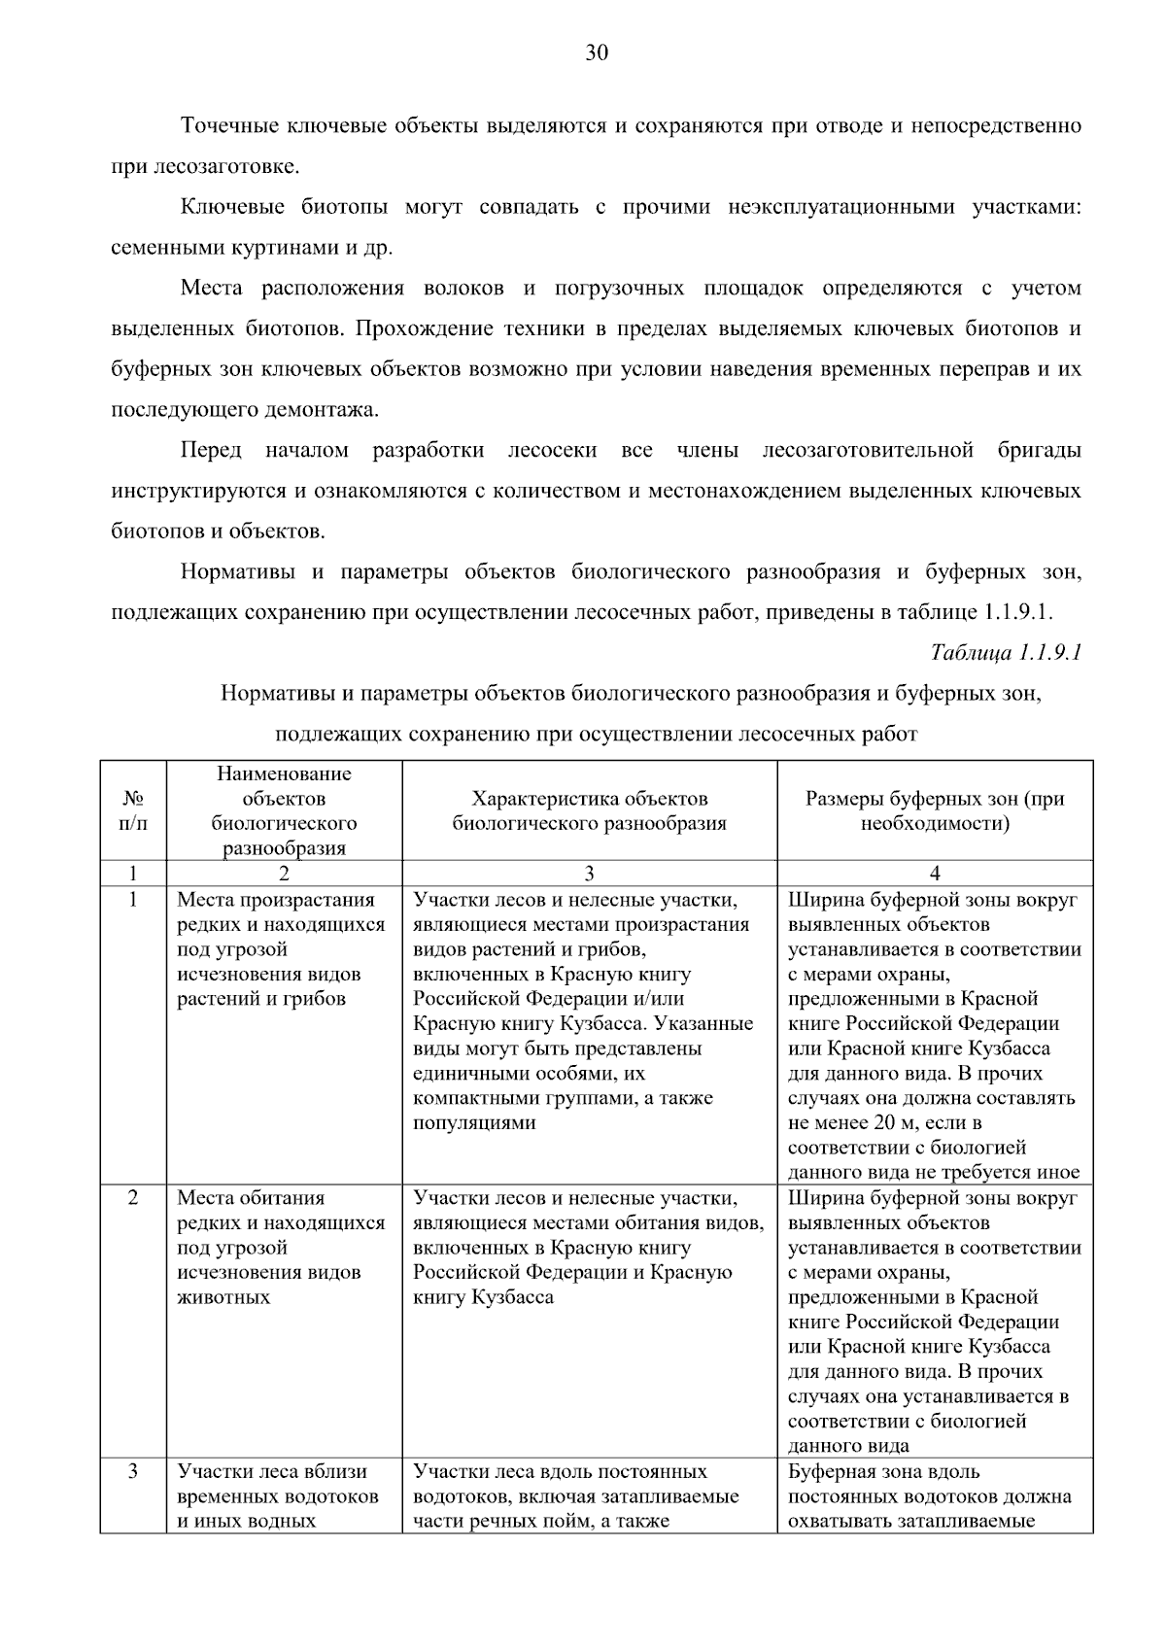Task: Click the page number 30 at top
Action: point(596,53)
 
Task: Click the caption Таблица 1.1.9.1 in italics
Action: point(1006,652)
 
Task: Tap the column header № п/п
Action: point(133,810)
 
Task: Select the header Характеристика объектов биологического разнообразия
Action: point(589,810)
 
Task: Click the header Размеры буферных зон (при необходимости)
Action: point(934,810)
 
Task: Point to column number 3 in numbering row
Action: point(589,873)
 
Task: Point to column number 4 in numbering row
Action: point(934,873)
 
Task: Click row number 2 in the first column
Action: point(133,1197)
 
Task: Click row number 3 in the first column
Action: point(133,1471)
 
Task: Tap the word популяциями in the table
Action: point(474,1123)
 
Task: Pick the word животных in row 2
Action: point(223,1297)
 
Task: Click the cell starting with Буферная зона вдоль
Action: point(930,1496)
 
